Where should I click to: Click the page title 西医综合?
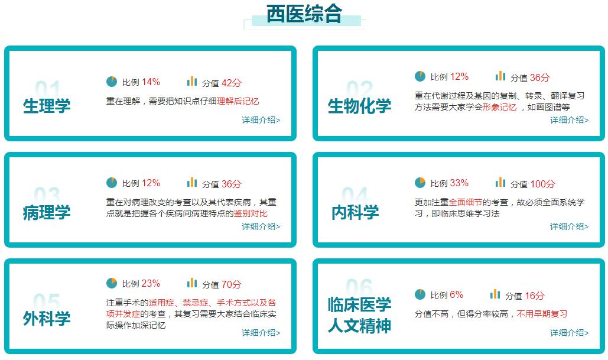(304, 14)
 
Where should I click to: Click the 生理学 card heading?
(47, 106)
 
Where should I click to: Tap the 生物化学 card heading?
(359, 106)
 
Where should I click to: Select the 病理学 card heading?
(47, 212)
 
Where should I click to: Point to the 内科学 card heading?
(355, 212)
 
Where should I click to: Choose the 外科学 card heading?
(47, 319)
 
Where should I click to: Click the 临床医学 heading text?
(359, 305)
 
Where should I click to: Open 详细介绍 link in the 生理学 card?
(261, 120)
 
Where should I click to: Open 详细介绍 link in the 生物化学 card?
(569, 120)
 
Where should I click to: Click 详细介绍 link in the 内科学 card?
(569, 226)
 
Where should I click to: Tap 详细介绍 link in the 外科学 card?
(261, 333)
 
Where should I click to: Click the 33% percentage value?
(459, 183)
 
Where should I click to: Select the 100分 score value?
(542, 184)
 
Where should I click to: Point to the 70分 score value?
(232, 284)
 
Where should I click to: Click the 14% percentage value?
(151, 82)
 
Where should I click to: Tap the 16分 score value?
(535, 296)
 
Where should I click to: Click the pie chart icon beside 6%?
(420, 294)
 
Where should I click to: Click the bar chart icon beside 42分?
(192, 82)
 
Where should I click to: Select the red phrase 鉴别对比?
(251, 213)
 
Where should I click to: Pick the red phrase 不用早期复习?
(542, 314)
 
